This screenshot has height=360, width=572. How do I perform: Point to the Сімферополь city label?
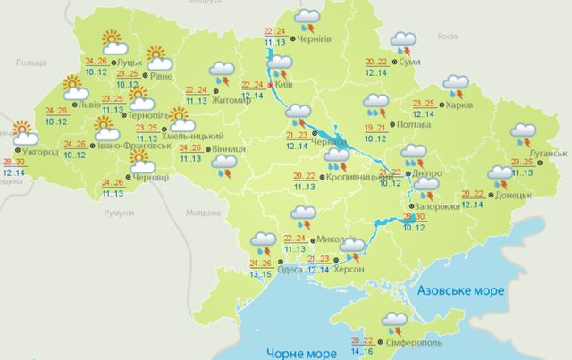[414, 343]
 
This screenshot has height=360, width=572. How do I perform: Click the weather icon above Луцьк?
[114, 38]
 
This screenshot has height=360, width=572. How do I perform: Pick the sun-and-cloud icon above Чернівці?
[140, 161]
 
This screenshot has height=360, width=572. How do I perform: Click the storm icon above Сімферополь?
[394, 322]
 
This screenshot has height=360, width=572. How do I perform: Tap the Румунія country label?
[118, 214]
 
